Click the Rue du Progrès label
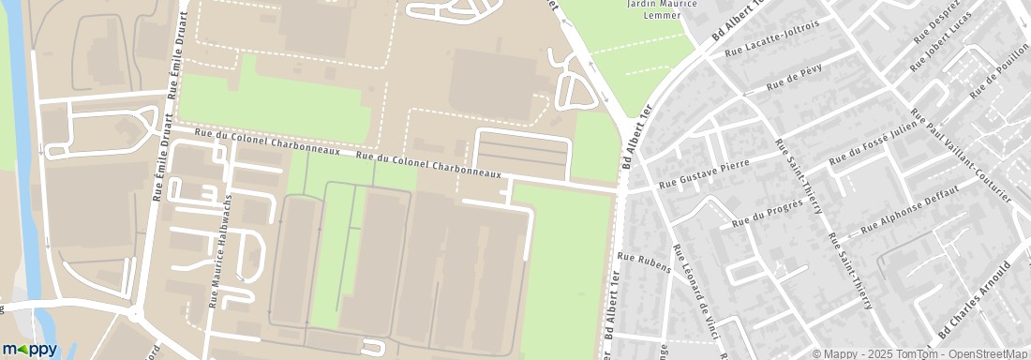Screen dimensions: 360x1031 point(767,214)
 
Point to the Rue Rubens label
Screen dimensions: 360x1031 point(645,262)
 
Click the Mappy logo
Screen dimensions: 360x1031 point(30,349)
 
